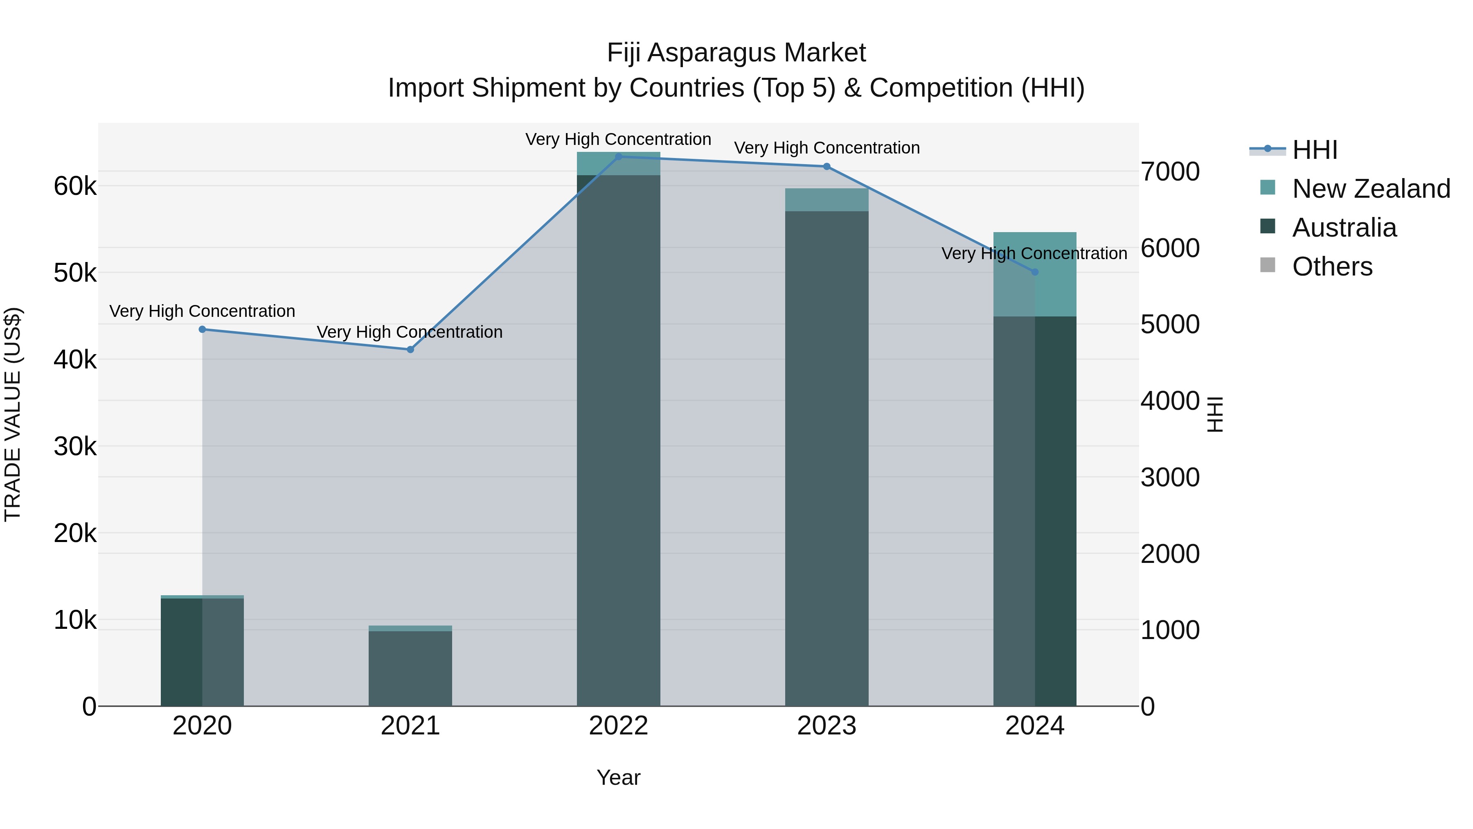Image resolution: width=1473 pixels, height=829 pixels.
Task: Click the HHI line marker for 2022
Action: point(618,156)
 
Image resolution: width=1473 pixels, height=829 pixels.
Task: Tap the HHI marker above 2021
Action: point(410,350)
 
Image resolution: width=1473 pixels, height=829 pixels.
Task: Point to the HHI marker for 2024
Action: point(1034,272)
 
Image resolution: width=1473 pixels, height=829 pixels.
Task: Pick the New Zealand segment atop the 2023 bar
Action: point(826,200)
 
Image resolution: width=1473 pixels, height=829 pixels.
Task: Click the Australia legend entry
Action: point(1344,228)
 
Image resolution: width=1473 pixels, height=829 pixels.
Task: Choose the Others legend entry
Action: point(1332,267)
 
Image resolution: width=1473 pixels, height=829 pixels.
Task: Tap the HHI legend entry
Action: point(1315,150)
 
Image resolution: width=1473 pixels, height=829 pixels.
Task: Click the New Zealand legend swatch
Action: point(1267,187)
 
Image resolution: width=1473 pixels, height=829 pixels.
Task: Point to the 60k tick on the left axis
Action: point(75,187)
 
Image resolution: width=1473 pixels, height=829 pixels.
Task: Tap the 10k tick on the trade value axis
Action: point(75,620)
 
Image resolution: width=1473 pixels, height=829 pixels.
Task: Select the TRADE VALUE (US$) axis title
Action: point(13,414)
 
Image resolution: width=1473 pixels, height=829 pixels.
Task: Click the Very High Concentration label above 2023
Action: point(826,148)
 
